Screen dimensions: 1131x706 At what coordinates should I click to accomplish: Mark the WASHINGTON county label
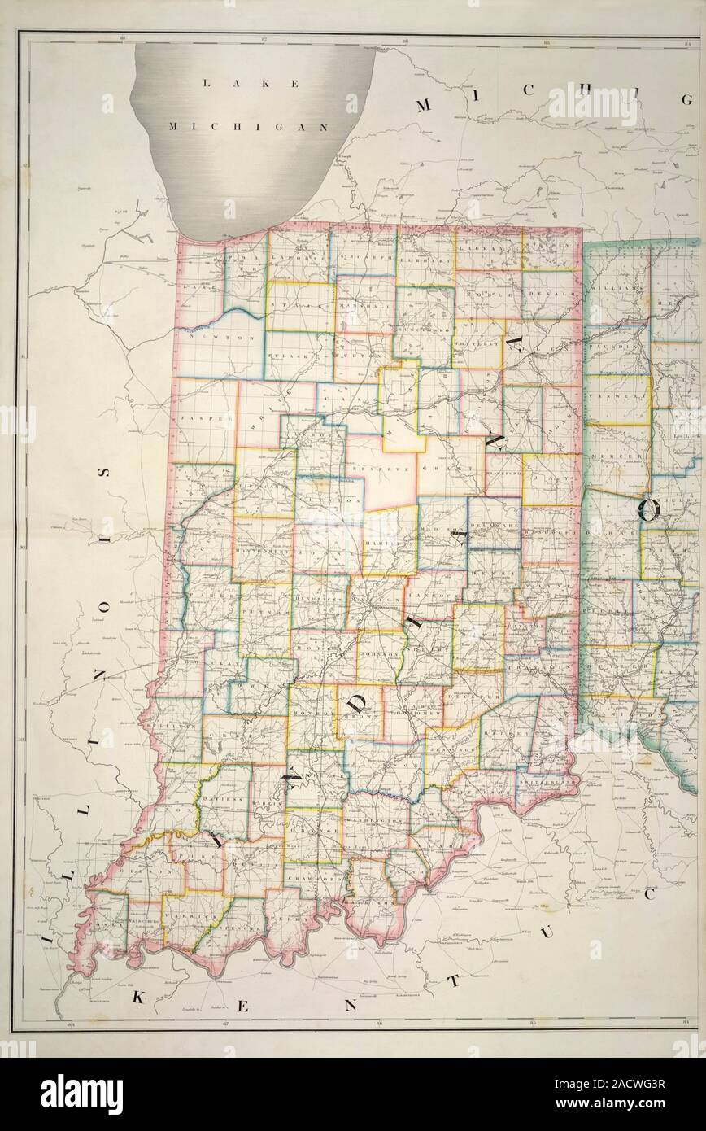pos(375,823)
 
